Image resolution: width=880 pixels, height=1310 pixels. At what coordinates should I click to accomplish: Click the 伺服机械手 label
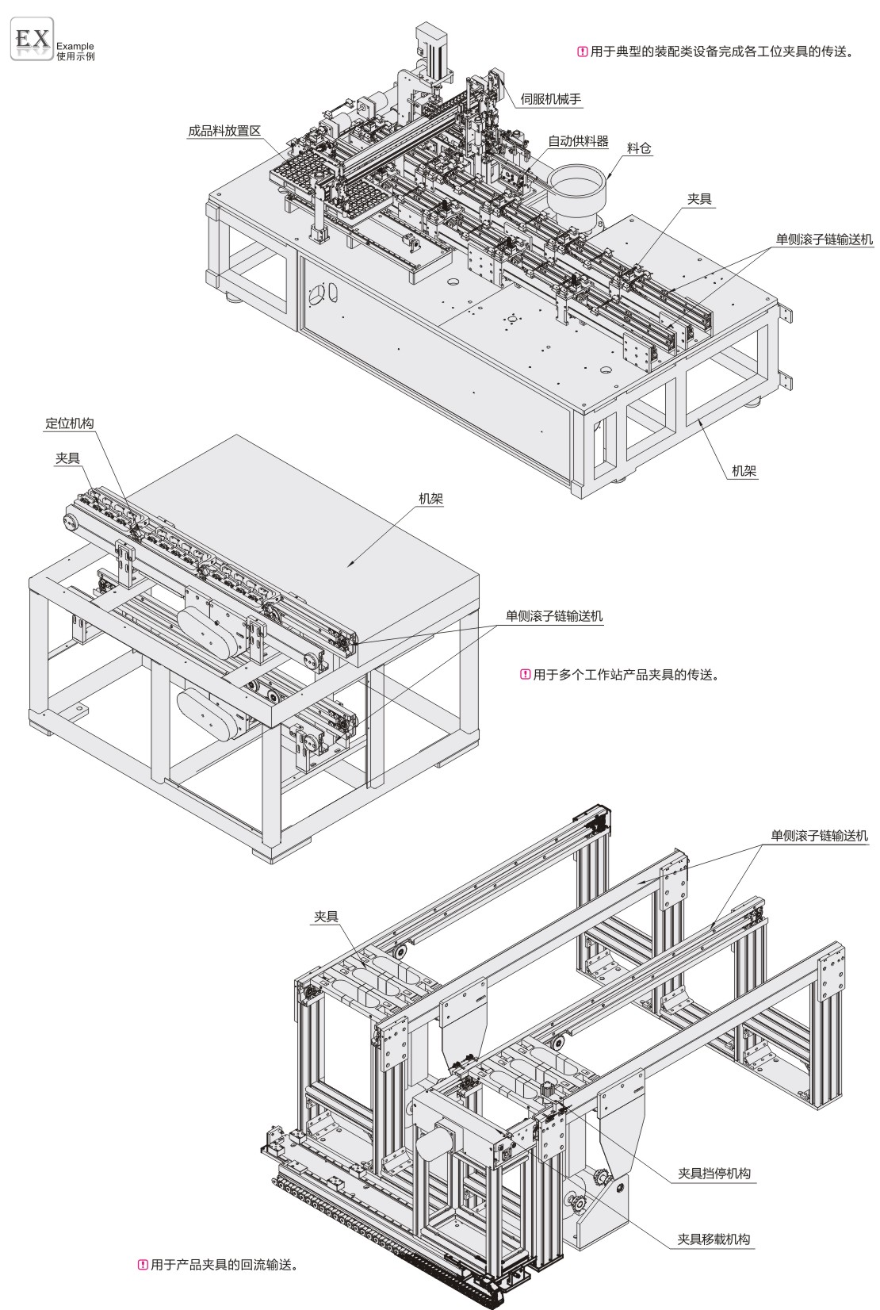click(552, 100)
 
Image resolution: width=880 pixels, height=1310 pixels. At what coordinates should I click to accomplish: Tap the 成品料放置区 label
click(224, 132)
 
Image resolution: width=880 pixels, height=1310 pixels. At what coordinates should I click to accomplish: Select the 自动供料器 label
click(578, 141)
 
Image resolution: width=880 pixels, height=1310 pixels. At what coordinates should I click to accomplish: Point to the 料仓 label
click(640, 149)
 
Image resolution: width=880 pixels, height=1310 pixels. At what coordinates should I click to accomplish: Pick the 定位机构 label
click(69, 423)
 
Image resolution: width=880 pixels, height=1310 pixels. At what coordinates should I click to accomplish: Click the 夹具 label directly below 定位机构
click(67, 458)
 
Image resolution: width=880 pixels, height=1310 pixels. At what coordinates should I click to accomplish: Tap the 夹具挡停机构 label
click(714, 1174)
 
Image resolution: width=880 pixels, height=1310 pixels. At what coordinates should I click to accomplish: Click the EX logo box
click(31, 38)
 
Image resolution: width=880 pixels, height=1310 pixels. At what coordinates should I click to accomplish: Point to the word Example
click(75, 46)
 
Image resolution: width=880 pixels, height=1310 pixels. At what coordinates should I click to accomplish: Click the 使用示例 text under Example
click(75, 57)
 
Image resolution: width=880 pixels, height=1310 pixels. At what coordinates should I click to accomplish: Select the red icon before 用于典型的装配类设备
click(583, 53)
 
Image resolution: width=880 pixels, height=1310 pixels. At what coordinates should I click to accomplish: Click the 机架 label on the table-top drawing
click(431, 500)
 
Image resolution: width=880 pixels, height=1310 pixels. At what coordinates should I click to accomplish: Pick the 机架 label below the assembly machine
click(744, 471)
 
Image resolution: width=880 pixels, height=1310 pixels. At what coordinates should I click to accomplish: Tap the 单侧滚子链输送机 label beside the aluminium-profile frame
click(819, 835)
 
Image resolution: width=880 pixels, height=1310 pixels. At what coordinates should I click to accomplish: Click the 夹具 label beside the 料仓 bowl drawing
click(699, 200)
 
